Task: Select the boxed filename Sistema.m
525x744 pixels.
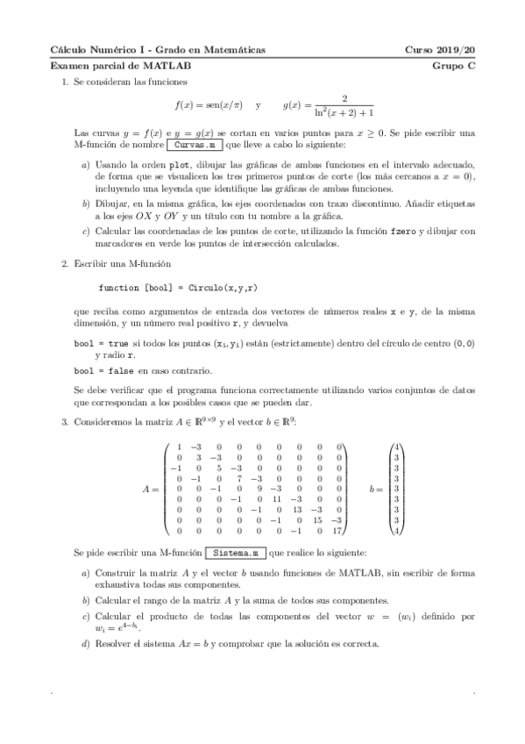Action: tap(236, 554)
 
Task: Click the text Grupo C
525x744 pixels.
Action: tap(453, 66)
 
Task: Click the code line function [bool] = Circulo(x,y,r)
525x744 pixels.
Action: tap(178, 287)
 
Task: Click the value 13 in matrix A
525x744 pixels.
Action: tap(296, 509)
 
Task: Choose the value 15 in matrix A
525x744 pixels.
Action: tap(318, 519)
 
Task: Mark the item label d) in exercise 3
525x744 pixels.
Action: tap(85, 643)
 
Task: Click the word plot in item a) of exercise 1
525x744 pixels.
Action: tap(181, 164)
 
